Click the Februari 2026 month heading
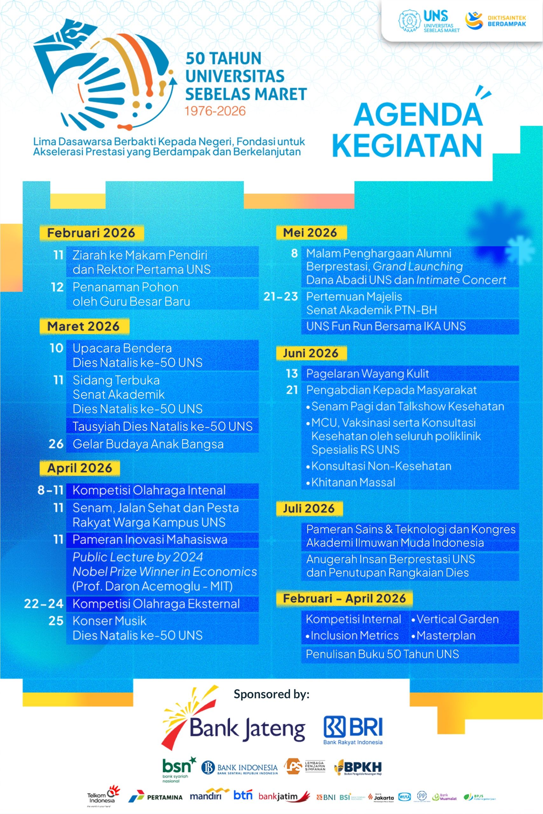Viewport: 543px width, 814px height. (x=91, y=233)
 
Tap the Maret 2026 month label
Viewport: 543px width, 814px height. (x=84, y=326)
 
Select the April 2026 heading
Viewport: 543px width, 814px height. (x=80, y=468)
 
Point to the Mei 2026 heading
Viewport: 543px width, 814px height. (x=310, y=232)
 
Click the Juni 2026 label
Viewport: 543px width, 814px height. (x=311, y=353)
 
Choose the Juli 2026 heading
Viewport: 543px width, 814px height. (x=309, y=508)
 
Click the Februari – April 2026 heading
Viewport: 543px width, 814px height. (x=344, y=598)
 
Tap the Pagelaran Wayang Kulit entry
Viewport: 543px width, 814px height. (x=368, y=373)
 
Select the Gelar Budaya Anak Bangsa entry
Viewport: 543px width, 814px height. (x=148, y=444)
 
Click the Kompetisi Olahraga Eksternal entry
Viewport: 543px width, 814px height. (x=156, y=604)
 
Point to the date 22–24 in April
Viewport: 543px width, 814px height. (x=44, y=604)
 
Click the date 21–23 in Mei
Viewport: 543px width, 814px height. (x=280, y=296)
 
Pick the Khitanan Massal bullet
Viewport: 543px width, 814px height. (x=353, y=482)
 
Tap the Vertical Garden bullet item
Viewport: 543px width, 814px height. (x=457, y=619)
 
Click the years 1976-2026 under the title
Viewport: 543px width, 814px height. (x=215, y=111)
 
